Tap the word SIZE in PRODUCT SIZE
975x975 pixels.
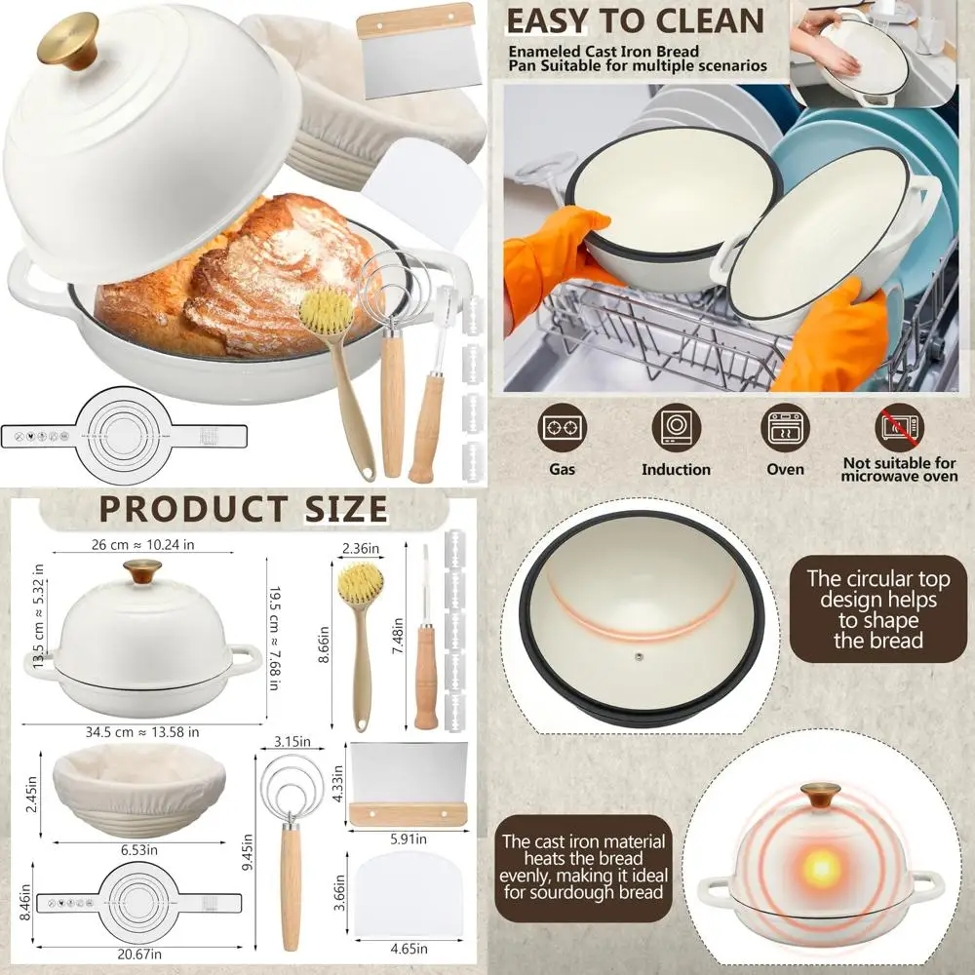pyautogui.click(x=331, y=509)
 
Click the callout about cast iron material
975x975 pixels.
pyautogui.click(x=583, y=866)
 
